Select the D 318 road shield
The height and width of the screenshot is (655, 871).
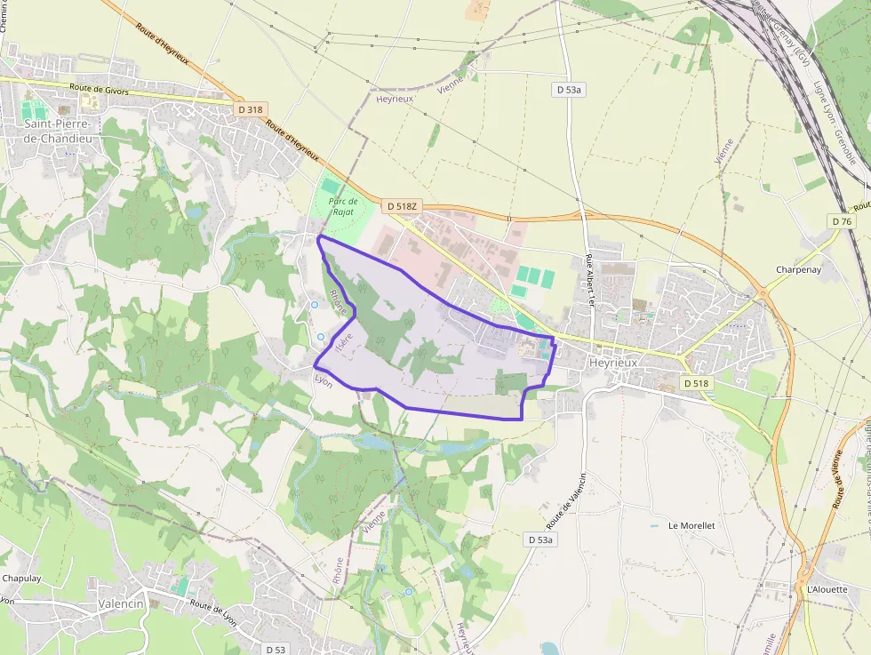point(251,109)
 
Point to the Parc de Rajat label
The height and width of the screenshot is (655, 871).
point(342,207)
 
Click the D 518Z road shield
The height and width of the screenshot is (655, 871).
point(402,206)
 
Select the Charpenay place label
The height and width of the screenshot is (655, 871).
point(796,269)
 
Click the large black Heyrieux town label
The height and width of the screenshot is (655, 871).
point(614,363)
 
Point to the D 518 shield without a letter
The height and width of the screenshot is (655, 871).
point(697,382)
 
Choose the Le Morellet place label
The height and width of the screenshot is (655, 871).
point(691,525)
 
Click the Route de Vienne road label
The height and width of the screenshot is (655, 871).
point(838,480)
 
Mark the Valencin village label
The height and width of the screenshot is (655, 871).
point(121,603)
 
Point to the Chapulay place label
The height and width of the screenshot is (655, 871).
point(21,578)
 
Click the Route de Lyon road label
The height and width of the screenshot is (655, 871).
point(211,610)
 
